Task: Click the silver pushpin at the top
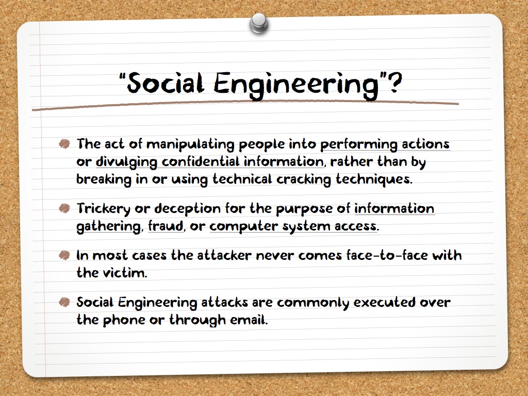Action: click(259, 23)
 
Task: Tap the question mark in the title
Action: click(394, 84)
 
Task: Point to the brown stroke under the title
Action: click(245, 105)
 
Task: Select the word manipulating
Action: click(190, 144)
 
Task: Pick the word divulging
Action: click(127, 162)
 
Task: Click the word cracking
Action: click(303, 179)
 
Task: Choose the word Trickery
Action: click(103, 209)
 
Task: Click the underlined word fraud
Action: click(166, 226)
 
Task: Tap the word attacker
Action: click(224, 255)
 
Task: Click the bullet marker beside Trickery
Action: click(64, 208)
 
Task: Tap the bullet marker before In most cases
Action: click(64, 255)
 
